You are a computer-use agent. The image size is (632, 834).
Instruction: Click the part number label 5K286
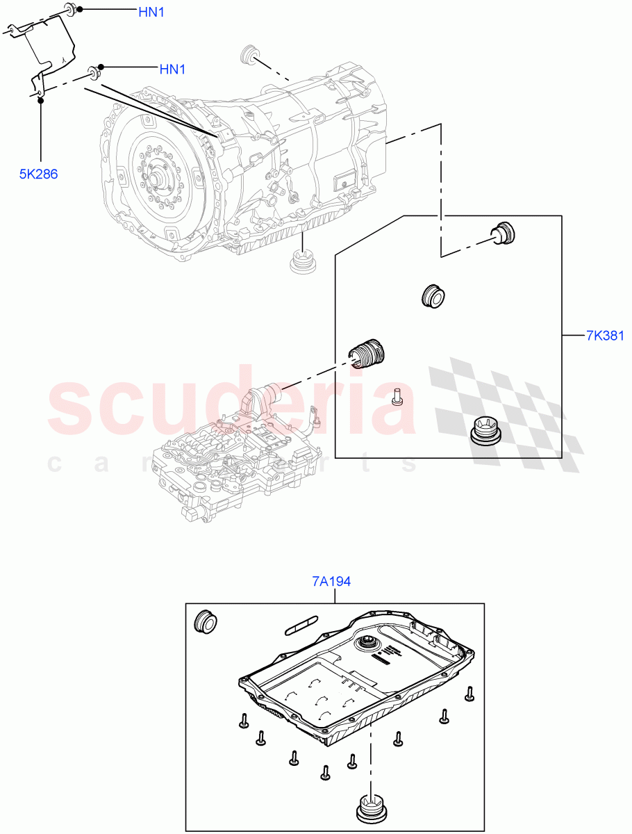[x=38, y=174]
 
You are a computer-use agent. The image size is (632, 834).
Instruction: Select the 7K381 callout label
[x=605, y=336]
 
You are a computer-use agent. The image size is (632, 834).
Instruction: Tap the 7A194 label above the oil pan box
[x=331, y=581]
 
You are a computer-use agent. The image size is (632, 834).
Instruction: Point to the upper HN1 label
[x=151, y=12]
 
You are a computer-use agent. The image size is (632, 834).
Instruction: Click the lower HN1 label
[x=172, y=69]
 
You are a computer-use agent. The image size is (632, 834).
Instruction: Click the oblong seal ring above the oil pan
[x=301, y=624]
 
